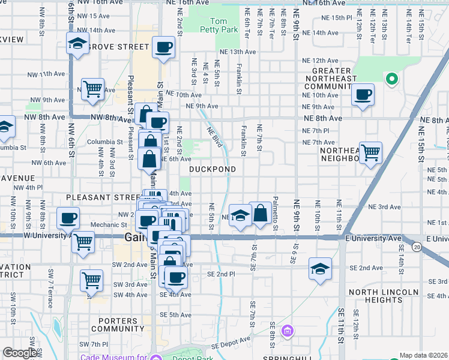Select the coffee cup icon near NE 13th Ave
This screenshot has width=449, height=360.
coord(163,47)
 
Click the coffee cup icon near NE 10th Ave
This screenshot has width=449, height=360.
coord(363,95)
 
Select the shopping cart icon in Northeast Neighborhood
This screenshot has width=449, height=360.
coord(370,152)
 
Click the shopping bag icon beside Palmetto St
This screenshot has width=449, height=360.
coord(261,213)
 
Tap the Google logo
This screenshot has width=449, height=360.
coord(20,353)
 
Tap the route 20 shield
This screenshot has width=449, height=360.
coord(416,247)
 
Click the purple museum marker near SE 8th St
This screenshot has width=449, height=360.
coord(288,331)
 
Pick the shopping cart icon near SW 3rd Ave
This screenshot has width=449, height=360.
coord(91,280)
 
